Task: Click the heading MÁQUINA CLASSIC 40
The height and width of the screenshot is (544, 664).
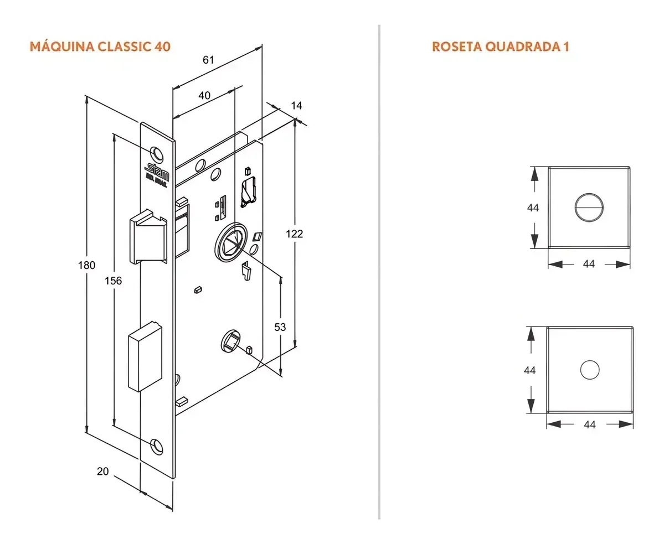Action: pos(100,46)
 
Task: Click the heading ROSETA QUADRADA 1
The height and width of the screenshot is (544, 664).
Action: pos(500,46)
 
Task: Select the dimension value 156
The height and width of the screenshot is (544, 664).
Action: pos(113,281)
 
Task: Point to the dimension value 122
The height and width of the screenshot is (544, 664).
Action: pos(295,234)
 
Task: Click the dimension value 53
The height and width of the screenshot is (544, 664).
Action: pos(280,327)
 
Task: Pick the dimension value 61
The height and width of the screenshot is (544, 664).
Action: pos(208,60)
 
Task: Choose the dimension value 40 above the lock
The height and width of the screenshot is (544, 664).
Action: pos(204,95)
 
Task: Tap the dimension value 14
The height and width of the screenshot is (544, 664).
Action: pos(297,105)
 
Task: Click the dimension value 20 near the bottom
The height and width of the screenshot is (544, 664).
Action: pos(102,471)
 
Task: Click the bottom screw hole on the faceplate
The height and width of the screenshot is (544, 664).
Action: pos(157,444)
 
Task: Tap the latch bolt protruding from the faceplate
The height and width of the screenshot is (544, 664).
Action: pos(147,238)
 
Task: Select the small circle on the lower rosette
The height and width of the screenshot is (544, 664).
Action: pos(589,369)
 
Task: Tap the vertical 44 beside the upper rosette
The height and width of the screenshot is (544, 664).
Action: pos(533,208)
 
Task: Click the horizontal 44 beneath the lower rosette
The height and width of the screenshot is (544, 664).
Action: pos(590,424)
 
